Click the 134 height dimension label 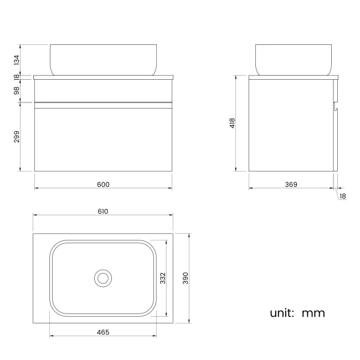[x=17, y=60]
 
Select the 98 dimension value [x=17, y=90]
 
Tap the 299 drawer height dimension [x=17, y=137]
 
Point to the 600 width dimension [x=103, y=184]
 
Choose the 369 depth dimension [x=291, y=184]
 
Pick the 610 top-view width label [x=103, y=211]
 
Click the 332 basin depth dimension [x=163, y=277]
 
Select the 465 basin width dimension [x=103, y=332]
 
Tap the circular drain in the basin [x=103, y=277]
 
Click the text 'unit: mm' [x=297, y=313]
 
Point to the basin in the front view [x=103, y=59]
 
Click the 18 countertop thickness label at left [x=17, y=77]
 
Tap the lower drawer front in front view [x=103, y=138]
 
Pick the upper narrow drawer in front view [x=103, y=91]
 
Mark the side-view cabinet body [x=291, y=125]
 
